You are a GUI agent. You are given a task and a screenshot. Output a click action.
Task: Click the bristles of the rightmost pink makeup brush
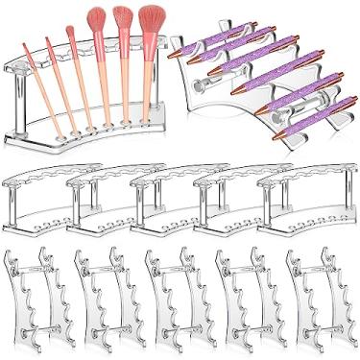click(x=152, y=22)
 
